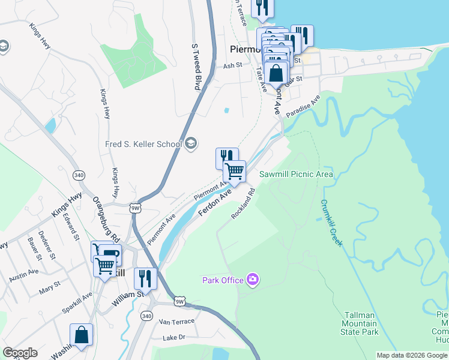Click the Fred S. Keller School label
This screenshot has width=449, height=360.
pyautogui.click(x=143, y=144)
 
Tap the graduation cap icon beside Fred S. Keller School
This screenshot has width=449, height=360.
pyautogui.click(x=191, y=143)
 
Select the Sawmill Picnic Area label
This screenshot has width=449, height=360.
pyautogui.click(x=296, y=175)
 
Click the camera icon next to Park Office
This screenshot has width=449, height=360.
pyautogui.click(x=253, y=279)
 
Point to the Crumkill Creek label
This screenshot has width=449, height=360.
pyautogui.click(x=331, y=223)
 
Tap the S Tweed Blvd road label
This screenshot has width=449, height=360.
pyautogui.click(x=195, y=67)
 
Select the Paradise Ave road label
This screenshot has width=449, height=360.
pyautogui.click(x=303, y=106)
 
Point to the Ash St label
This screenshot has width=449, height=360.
pyautogui.click(x=232, y=66)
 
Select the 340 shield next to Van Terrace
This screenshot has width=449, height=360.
pyautogui.click(x=146, y=316)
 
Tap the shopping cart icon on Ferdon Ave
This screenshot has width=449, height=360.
pyautogui.click(x=234, y=171)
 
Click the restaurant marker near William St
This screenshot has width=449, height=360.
pyautogui.click(x=145, y=278)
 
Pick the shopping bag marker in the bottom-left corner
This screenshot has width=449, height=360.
pyautogui.click(x=81, y=336)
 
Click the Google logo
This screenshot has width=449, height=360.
pyautogui.click(x=20, y=353)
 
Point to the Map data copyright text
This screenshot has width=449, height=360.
pyautogui.click(x=412, y=355)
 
